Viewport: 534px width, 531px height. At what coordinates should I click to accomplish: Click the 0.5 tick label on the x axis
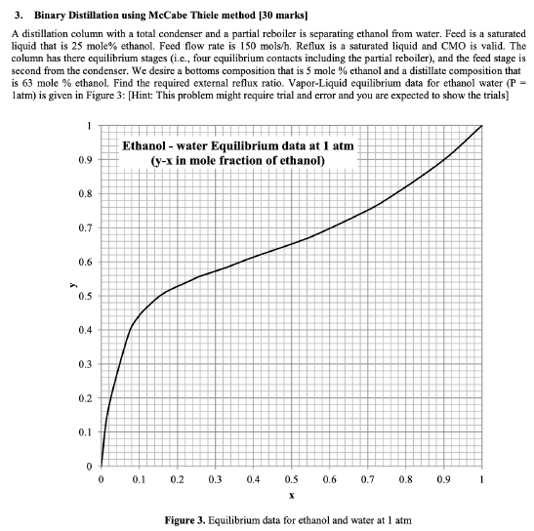291,480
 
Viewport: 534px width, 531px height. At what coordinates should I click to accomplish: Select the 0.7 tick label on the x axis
367,480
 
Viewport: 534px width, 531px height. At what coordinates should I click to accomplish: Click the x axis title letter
291,497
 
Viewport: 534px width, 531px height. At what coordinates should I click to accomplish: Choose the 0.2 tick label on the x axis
177,480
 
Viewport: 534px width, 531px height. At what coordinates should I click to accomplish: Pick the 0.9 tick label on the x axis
443,480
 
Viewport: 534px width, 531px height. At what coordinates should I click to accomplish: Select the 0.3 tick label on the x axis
215,480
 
